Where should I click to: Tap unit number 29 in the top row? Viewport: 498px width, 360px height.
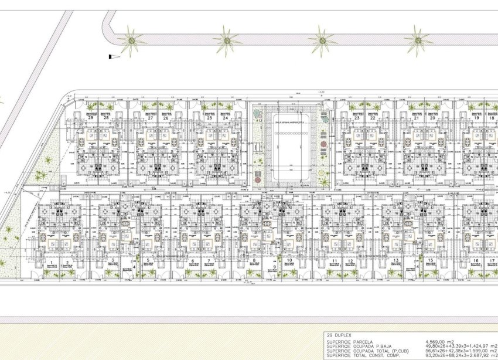click(x=91, y=118)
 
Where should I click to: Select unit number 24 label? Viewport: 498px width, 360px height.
click(x=226, y=118)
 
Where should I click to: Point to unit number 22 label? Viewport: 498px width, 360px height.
click(x=373, y=118)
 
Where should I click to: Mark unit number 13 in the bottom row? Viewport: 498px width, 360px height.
click(x=396, y=261)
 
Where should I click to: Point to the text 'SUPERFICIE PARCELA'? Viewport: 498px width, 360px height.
click(x=351, y=340)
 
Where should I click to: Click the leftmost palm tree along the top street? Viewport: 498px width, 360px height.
click(x=131, y=41)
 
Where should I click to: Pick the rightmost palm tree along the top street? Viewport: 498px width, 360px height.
click(x=418, y=41)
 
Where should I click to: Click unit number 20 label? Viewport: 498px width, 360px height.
click(x=432, y=118)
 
